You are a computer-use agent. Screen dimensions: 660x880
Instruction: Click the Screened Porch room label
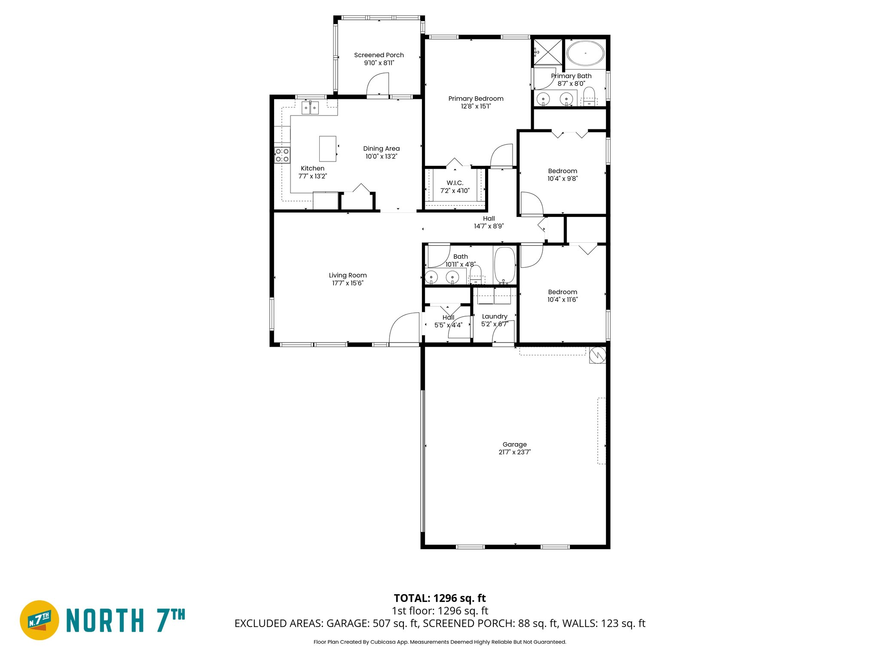point(379,55)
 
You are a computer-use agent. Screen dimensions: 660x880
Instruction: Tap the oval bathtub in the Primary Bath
point(585,53)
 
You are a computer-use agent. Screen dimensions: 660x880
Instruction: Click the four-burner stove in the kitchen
point(282,155)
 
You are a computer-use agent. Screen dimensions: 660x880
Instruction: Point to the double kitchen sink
point(310,107)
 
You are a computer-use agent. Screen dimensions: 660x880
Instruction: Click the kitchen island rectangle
point(327,149)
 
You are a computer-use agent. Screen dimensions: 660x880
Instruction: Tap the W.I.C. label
point(455,183)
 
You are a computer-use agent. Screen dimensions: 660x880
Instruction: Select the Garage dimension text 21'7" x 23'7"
point(514,452)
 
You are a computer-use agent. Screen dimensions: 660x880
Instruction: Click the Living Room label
point(348,275)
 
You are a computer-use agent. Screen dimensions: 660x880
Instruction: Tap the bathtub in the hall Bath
point(504,265)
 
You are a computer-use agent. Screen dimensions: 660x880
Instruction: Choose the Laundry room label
point(495,316)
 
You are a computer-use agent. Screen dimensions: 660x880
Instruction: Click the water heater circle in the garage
point(597,355)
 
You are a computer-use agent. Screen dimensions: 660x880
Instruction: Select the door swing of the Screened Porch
point(378,84)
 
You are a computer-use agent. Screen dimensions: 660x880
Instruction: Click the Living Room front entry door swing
point(404,329)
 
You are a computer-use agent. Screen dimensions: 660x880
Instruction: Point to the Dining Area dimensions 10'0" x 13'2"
point(381,156)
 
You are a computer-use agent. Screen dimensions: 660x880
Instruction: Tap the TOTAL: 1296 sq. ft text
point(440,598)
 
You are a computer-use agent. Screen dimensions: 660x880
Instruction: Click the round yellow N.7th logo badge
point(40,620)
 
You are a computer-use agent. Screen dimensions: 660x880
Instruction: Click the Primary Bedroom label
point(476,98)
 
